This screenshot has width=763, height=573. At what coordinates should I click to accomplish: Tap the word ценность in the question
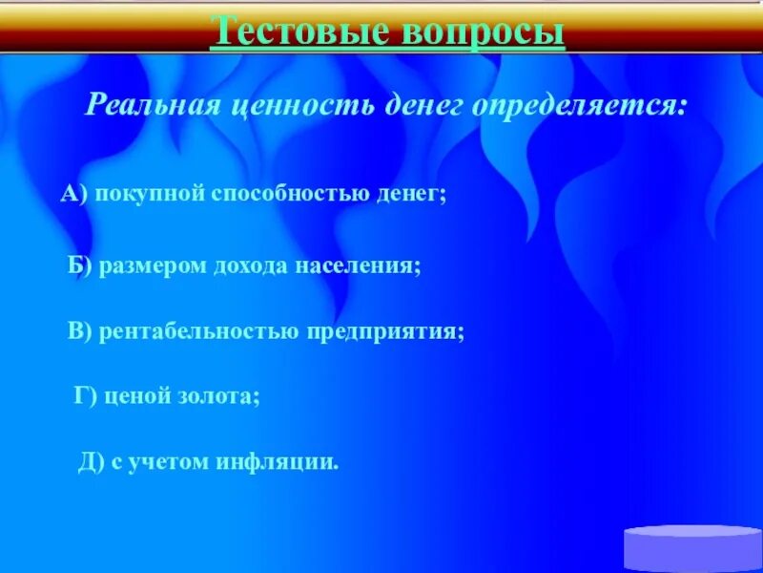pos(300,103)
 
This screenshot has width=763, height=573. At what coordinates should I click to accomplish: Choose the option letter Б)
pos(80,265)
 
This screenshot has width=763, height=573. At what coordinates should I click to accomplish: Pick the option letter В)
pos(79,331)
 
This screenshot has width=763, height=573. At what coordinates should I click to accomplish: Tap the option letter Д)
pos(91,463)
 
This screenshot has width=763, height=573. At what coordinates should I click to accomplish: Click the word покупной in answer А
pos(150,194)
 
